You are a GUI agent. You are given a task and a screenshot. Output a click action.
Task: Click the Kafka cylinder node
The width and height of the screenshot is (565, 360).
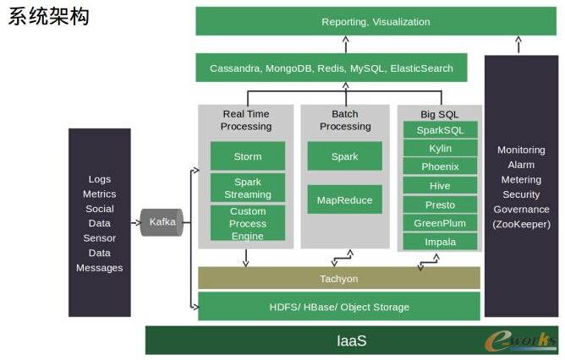(x=162, y=222)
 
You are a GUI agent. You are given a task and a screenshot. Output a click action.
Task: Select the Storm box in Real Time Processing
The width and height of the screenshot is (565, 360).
(x=247, y=156)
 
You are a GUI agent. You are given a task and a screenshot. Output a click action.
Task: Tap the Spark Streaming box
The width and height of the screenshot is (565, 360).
(x=247, y=188)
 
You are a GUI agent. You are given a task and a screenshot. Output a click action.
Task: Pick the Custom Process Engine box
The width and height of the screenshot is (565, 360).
(x=247, y=224)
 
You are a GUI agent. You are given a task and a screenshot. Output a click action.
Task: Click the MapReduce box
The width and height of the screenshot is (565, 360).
(x=344, y=199)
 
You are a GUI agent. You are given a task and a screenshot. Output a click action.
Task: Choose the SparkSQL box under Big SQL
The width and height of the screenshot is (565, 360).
(x=440, y=130)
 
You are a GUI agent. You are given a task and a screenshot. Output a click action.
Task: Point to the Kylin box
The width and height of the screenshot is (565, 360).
(x=440, y=149)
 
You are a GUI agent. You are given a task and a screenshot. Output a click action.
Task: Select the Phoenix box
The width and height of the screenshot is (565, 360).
(x=440, y=167)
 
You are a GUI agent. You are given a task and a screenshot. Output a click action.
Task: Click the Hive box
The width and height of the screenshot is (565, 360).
(x=440, y=186)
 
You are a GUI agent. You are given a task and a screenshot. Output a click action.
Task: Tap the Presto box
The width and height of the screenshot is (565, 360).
(x=440, y=205)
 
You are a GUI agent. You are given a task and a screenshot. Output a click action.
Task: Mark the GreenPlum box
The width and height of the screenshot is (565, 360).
(x=440, y=223)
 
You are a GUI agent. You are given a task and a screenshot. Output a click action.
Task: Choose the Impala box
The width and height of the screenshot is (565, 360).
(x=440, y=242)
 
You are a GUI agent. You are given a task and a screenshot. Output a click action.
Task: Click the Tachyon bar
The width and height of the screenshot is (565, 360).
(x=338, y=278)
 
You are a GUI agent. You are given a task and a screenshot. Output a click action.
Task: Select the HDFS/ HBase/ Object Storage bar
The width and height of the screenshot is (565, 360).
(x=338, y=307)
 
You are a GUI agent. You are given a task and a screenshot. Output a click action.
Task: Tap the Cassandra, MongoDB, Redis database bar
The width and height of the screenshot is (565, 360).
(x=332, y=68)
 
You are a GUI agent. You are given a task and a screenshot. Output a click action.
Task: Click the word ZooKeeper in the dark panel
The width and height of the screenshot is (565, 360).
(x=521, y=224)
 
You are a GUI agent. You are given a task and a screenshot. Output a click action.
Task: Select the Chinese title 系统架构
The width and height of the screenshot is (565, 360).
(x=49, y=17)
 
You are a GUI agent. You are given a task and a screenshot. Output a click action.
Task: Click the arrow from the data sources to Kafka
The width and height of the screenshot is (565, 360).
(x=135, y=223)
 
